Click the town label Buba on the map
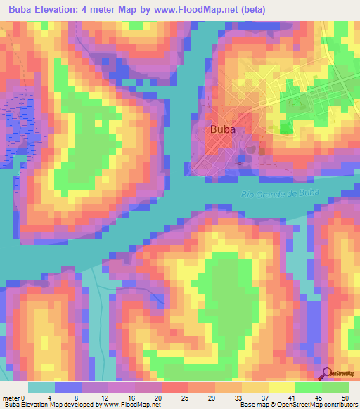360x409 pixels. (x=222, y=129)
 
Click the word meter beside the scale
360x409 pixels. (x=12, y=398)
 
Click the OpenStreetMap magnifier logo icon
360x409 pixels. (x=326, y=373)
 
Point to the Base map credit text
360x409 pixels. (x=253, y=405)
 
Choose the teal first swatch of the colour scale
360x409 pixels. (x=41, y=387)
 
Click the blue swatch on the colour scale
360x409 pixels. (x=67, y=387)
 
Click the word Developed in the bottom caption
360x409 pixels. (x=73, y=405)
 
